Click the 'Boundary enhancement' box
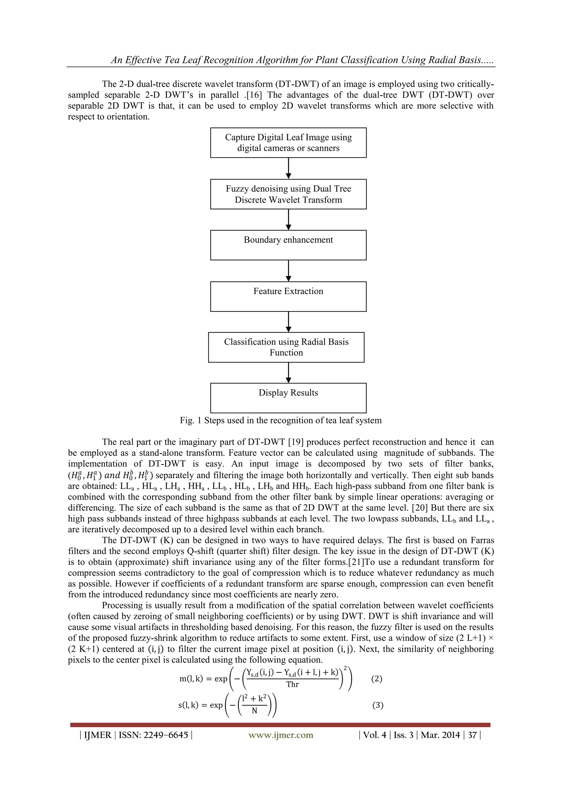288,245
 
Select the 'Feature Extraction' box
288,296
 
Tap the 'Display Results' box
288,398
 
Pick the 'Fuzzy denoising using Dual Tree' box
288,194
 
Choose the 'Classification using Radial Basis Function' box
286,347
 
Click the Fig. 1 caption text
281,420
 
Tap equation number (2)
376,679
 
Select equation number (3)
378,705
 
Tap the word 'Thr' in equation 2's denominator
293,684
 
